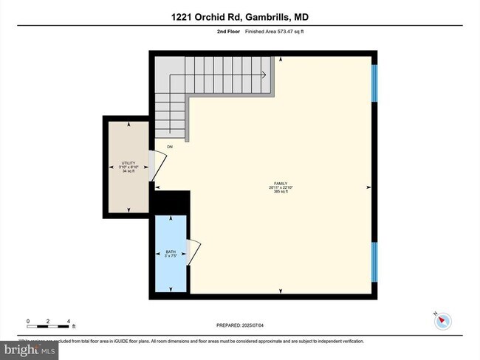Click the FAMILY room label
point(280,184)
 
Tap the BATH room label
point(170,252)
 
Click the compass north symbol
point(444,321)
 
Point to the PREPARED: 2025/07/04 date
point(239,325)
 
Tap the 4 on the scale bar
point(69,322)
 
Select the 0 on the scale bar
point(28,322)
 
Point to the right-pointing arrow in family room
point(367,188)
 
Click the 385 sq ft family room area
point(280,192)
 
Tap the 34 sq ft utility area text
point(129,171)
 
